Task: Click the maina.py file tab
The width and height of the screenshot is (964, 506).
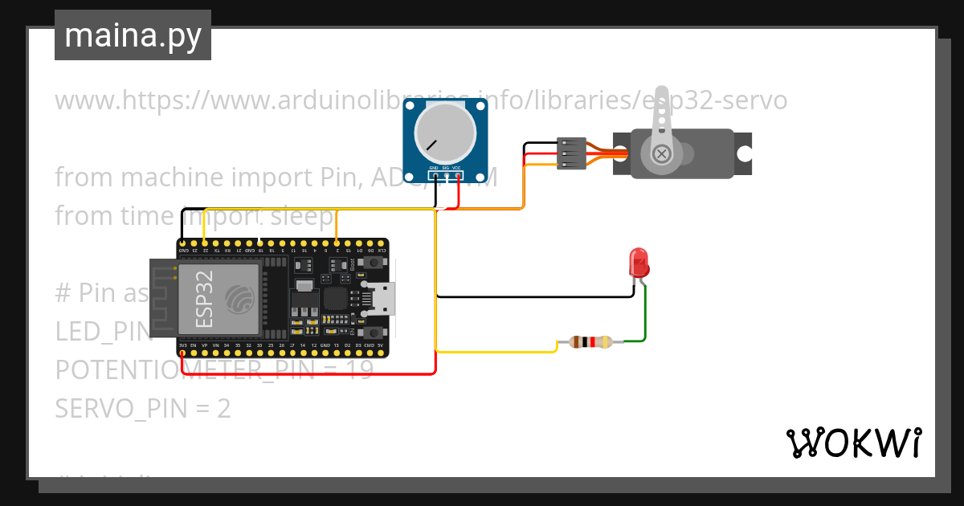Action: tap(133, 35)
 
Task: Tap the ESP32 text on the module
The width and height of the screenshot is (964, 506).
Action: tap(204, 299)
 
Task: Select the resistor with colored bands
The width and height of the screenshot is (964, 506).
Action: tap(590, 342)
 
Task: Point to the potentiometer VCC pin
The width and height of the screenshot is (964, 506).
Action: tap(457, 175)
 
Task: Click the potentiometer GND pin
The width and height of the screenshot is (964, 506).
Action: tap(434, 175)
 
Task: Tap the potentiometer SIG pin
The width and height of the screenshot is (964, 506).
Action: tap(445, 175)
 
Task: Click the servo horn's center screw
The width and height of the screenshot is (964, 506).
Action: tap(661, 153)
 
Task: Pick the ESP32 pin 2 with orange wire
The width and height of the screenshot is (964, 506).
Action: tap(336, 243)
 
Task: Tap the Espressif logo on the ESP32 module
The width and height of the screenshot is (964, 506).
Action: tap(239, 299)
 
